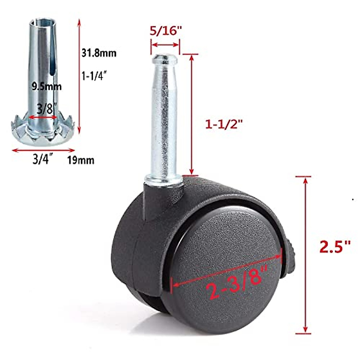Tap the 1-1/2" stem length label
point(223,124)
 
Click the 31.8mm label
point(99,53)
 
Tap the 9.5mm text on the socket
point(46,87)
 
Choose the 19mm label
point(80,160)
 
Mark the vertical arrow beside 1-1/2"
point(191,114)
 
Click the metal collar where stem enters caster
point(164,181)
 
